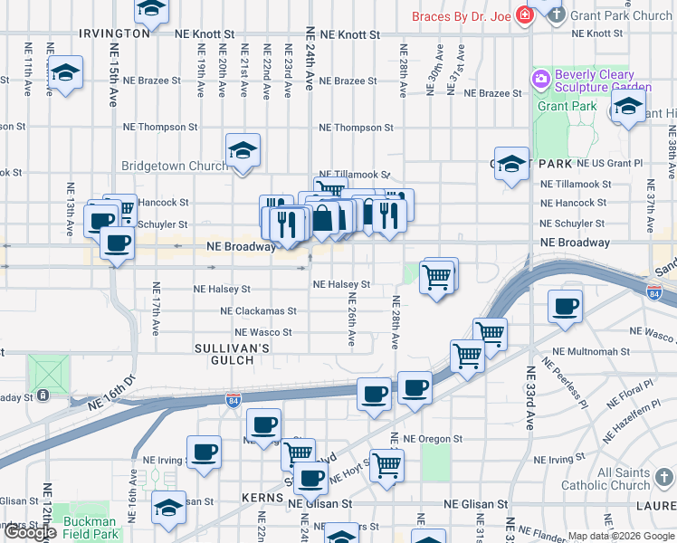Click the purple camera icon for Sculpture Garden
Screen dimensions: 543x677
[x=542, y=78]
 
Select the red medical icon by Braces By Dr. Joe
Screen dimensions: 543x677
[x=523, y=15]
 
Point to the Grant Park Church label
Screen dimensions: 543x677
[x=622, y=15]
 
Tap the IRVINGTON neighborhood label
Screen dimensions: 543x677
[x=114, y=33]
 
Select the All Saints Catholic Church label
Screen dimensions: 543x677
[x=636, y=479]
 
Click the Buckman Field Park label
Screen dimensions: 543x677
[x=90, y=528]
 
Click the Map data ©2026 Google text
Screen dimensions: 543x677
[x=621, y=536]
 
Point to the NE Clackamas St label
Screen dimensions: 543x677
[x=258, y=311]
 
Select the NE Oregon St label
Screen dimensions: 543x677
[x=434, y=439]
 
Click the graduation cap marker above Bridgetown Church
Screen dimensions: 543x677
[x=243, y=150]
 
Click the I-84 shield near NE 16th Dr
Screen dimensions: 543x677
[x=233, y=401]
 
